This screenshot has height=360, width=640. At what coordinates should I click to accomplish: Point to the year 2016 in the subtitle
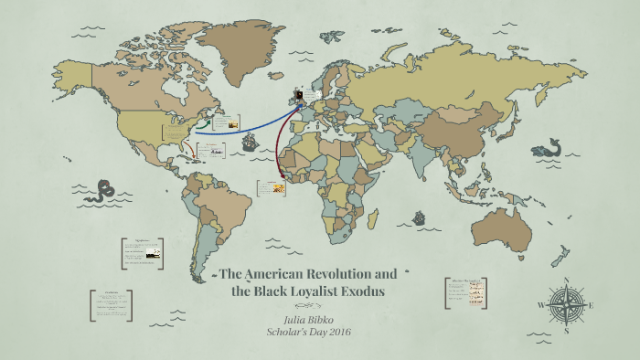(336, 331)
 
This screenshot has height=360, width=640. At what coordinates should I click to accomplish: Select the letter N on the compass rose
(567, 280)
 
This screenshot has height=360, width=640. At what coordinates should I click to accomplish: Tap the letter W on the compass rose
(541, 304)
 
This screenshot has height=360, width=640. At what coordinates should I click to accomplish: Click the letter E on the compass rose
(592, 304)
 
